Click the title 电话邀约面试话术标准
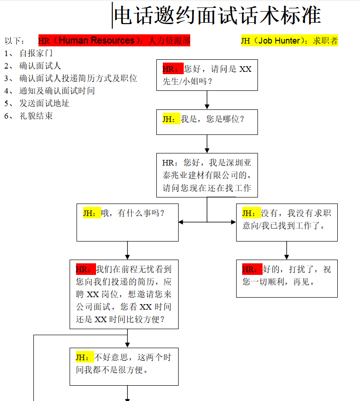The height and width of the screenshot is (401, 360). pos(217,16)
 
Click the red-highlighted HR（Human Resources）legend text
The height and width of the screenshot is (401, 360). pos(114,41)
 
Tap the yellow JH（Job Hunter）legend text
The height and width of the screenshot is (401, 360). pos(289,41)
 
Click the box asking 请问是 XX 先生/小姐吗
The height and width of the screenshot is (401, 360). pos(207,75)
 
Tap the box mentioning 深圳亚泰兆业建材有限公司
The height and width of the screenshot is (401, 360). pos(207,175)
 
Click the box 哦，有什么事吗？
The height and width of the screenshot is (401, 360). pos(128,223)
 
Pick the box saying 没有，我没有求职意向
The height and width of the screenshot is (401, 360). pos(287,223)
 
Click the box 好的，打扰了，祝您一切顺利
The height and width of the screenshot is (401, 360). pos(287,278)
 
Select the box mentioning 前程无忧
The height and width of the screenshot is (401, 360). pos(124,294)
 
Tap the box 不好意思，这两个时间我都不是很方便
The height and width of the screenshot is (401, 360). pos(124,366)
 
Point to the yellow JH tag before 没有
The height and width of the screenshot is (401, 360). pos(251,213)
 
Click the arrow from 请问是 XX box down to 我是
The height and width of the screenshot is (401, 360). pos(207,100)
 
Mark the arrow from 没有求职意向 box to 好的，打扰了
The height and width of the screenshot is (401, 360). pos(287,250)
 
